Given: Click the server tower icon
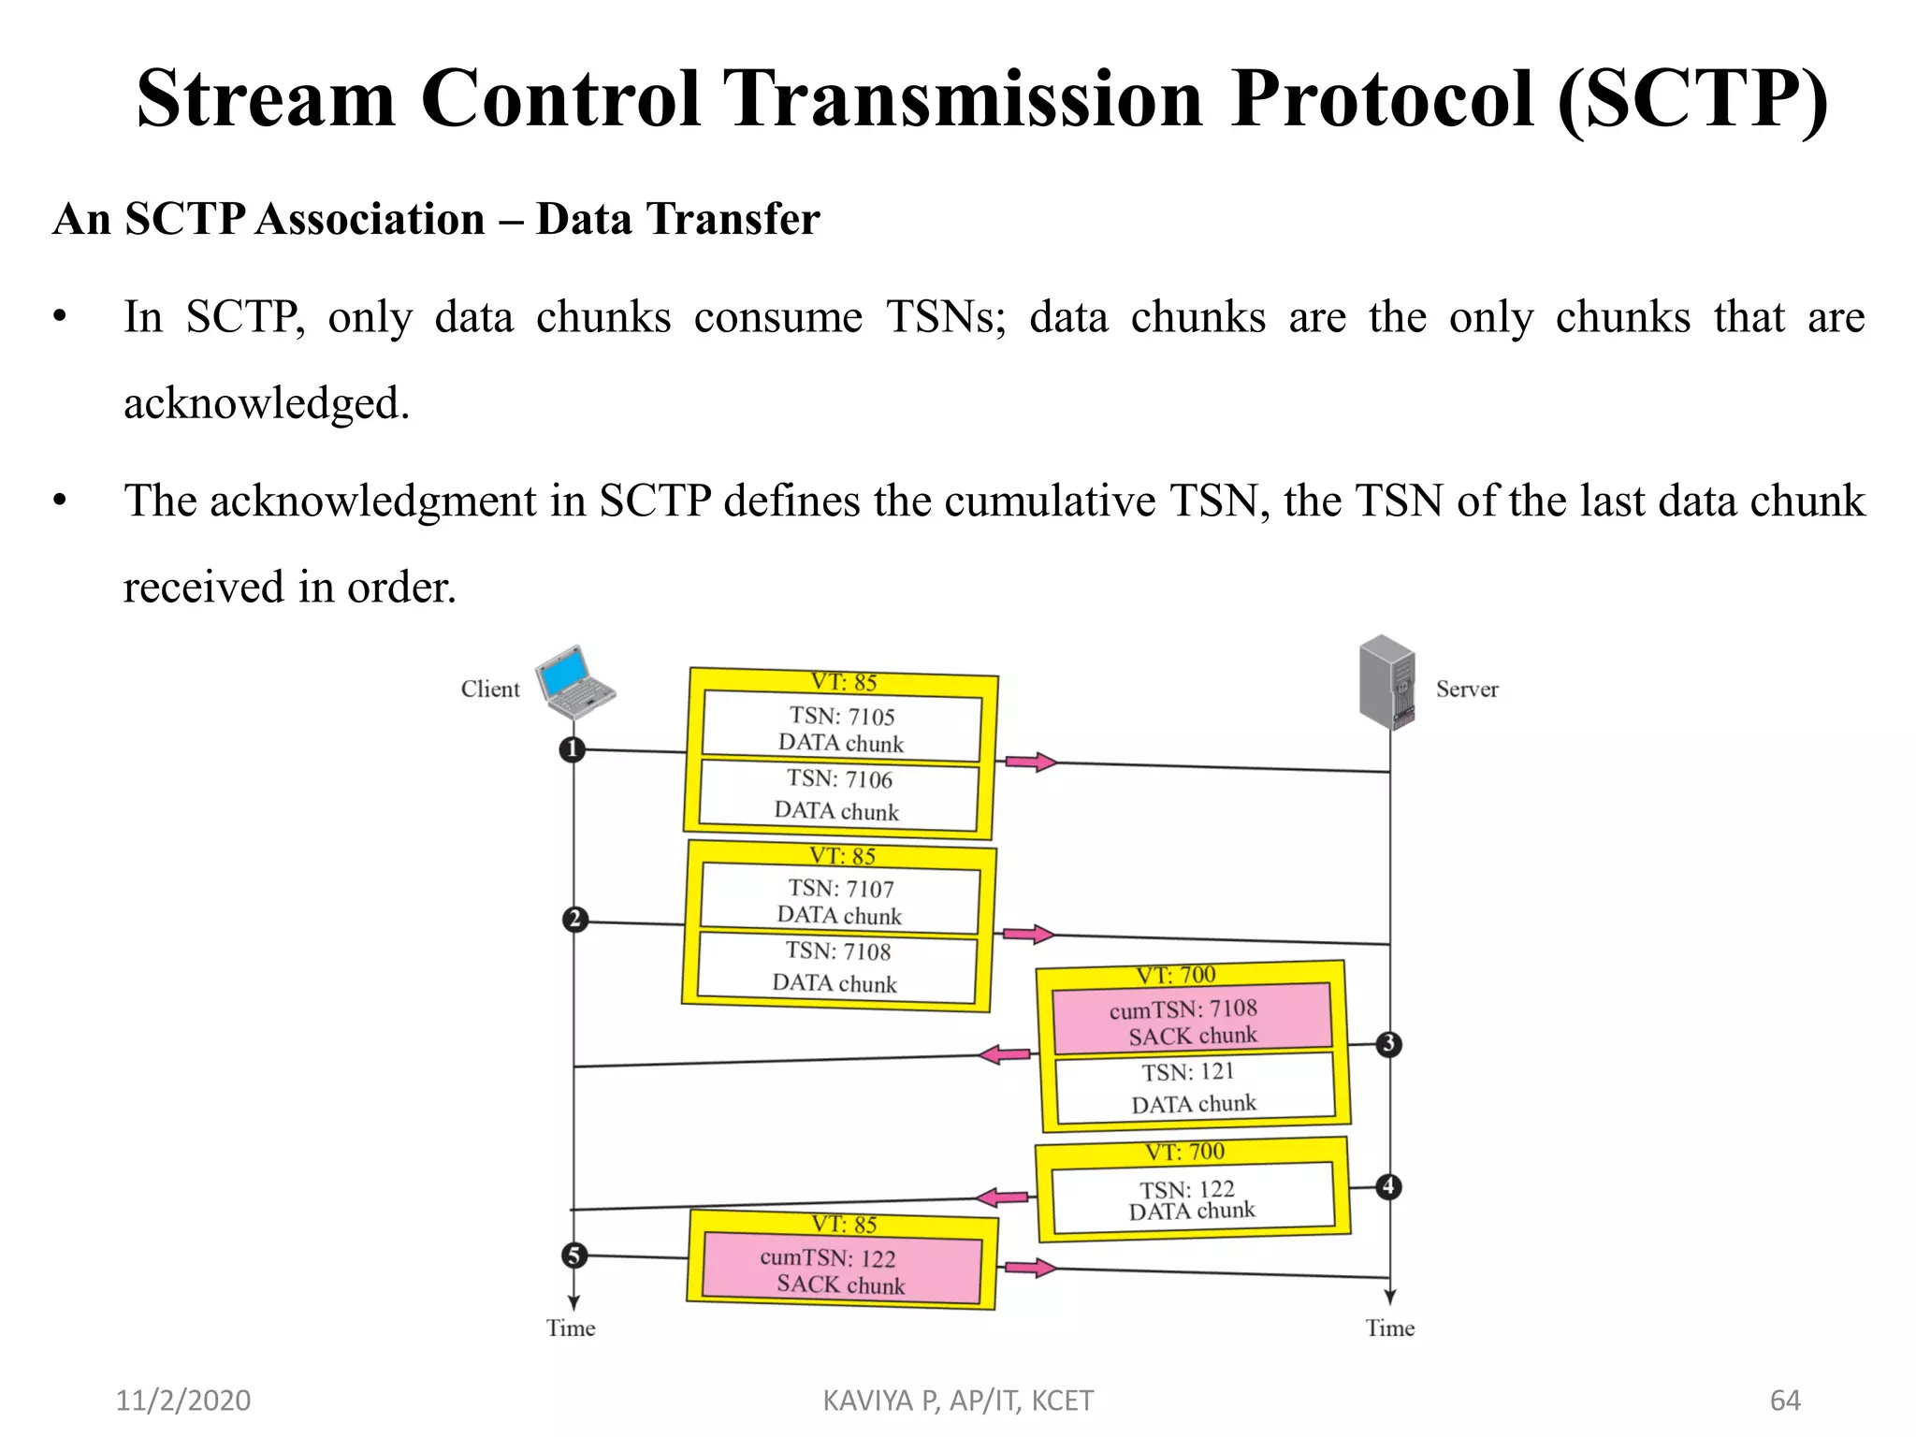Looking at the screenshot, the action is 1387,681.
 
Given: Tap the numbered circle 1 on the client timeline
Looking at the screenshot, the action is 572,749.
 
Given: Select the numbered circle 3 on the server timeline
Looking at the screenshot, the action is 1388,1044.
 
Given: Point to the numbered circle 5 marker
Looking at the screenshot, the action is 574,1256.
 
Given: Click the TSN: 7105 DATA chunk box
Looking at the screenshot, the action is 841,729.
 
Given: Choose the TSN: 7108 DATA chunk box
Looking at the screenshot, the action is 836,967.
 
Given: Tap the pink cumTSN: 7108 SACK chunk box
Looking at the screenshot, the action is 1192,1021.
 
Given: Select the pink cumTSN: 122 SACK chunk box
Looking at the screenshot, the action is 840,1270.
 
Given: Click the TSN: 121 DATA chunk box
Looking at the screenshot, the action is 1194,1087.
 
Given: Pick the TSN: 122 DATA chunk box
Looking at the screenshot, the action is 1192,1200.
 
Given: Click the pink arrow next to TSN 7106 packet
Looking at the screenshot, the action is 1030,762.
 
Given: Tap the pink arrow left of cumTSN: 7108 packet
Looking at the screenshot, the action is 1005,1055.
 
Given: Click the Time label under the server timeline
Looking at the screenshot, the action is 1389,1328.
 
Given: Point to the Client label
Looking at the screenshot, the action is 490,689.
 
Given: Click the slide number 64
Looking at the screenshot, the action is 1785,1401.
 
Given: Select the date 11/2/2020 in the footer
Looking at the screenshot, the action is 183,1401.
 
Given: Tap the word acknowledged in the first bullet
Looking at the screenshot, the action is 267,404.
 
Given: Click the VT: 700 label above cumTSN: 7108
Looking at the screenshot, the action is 1176,975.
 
